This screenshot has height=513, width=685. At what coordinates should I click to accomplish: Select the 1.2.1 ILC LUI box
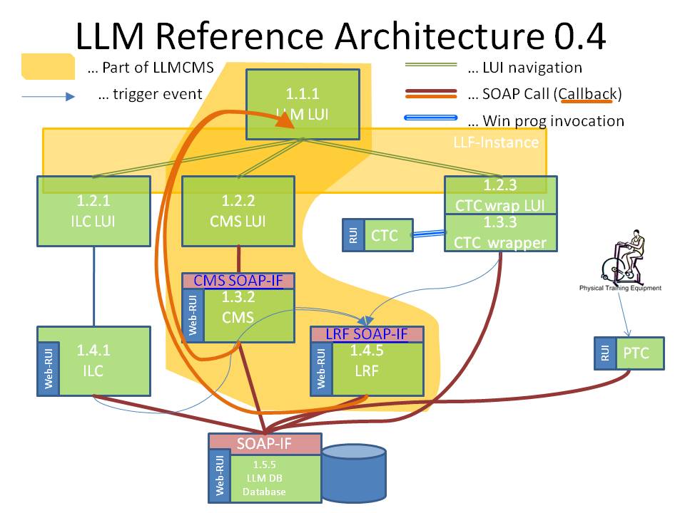(x=93, y=211)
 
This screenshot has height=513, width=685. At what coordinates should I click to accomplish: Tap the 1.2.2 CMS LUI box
(x=238, y=211)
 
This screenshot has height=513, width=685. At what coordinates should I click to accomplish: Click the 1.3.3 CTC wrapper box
(x=500, y=233)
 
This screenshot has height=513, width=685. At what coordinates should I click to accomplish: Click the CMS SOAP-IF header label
(x=238, y=281)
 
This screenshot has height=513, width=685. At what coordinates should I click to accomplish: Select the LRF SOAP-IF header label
(x=367, y=333)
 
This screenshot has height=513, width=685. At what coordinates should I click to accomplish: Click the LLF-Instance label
(x=496, y=142)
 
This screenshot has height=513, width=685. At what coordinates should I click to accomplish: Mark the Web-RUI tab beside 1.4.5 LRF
(x=320, y=368)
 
